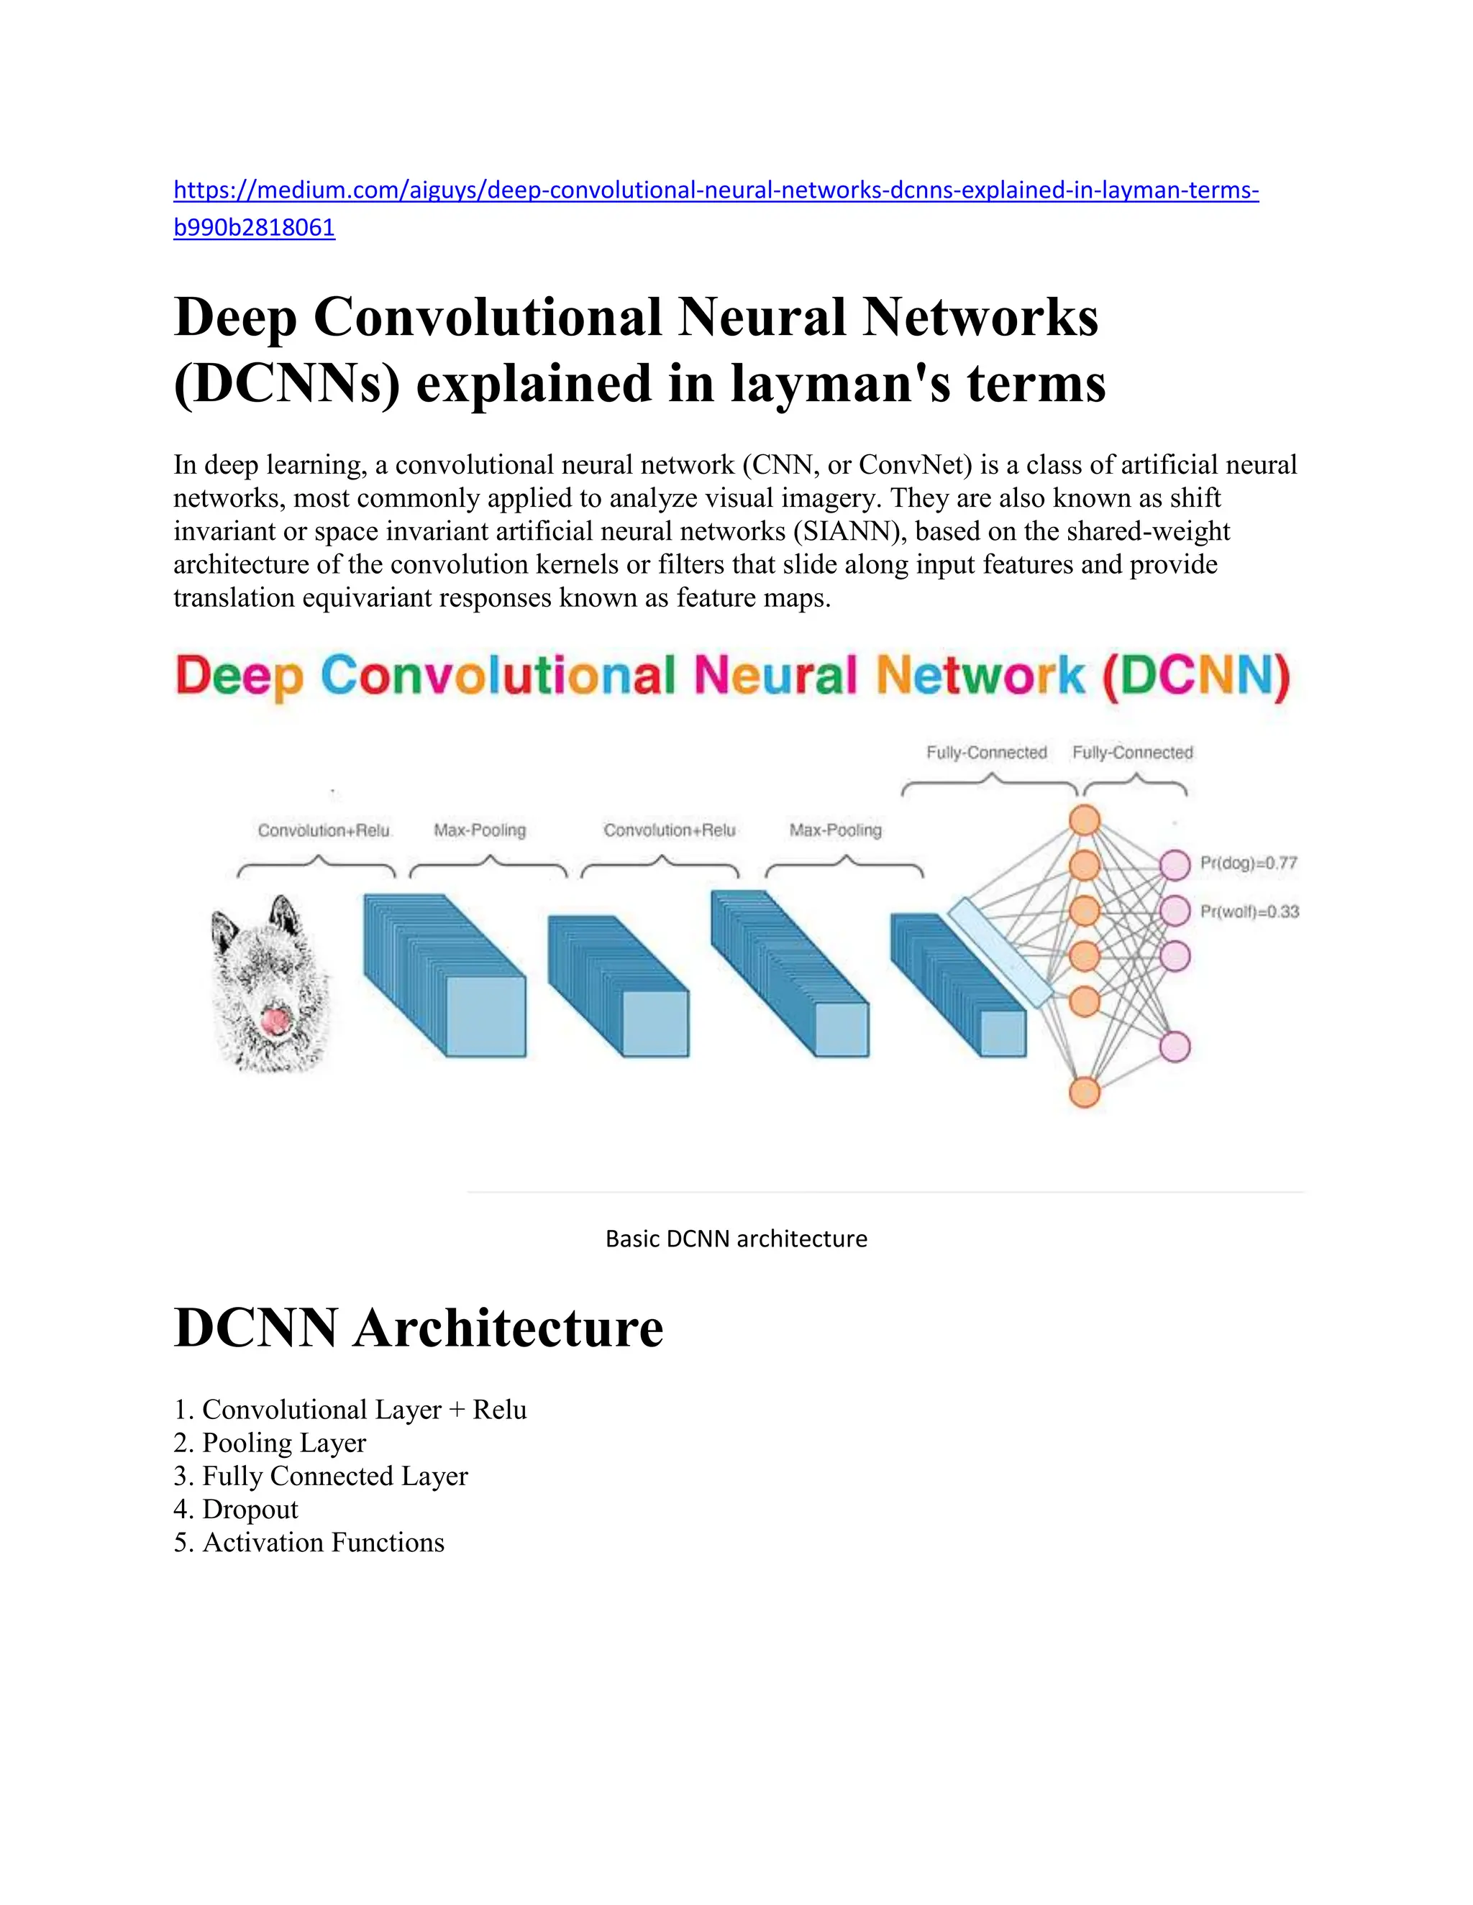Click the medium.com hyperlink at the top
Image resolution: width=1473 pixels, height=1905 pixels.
716,190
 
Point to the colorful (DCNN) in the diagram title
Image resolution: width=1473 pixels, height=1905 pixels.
1195,676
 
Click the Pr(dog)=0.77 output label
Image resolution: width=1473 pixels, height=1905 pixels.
1249,863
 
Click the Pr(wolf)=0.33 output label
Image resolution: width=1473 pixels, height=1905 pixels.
1249,912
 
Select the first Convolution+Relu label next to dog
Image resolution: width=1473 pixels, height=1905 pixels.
324,830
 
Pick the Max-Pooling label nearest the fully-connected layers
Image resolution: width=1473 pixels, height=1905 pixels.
835,830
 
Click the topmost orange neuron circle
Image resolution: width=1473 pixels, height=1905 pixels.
1085,821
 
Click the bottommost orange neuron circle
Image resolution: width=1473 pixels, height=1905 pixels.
1085,1092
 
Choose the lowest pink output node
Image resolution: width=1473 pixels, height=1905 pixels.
1175,1047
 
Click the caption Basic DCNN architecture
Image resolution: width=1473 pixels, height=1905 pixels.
736,1239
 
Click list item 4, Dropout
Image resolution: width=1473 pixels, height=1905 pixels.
250,1510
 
